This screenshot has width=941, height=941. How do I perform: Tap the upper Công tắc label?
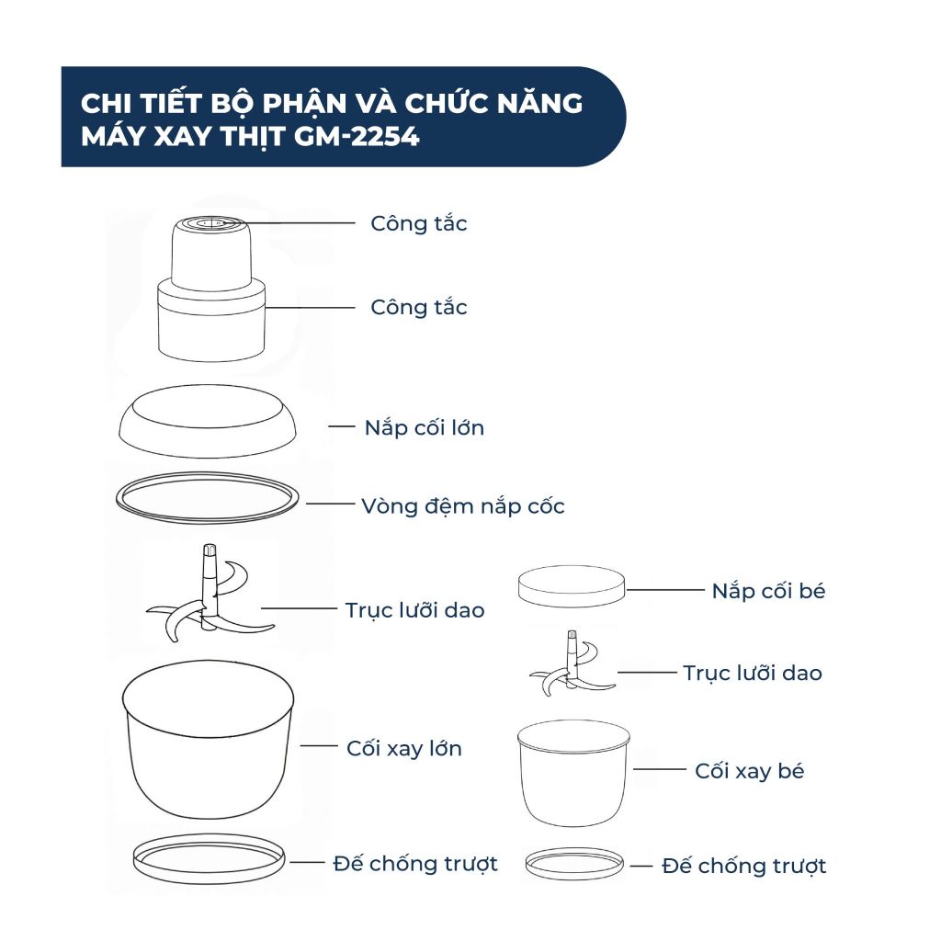[419, 223]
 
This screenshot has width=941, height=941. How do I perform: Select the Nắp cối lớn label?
[424, 427]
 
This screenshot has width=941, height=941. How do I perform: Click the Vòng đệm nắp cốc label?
[463, 505]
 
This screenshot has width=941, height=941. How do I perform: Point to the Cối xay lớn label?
[403, 748]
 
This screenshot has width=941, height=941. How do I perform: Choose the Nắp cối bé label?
[768, 591]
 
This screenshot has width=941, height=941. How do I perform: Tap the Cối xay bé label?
[749, 771]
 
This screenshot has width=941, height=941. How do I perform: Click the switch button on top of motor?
[210, 221]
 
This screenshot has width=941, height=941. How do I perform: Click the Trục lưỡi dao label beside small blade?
[752, 673]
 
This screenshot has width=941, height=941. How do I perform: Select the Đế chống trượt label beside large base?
[414, 863]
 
